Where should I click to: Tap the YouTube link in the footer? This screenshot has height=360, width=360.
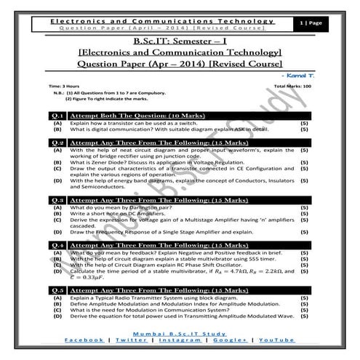277,340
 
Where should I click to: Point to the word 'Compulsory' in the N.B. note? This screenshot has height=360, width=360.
167,93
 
